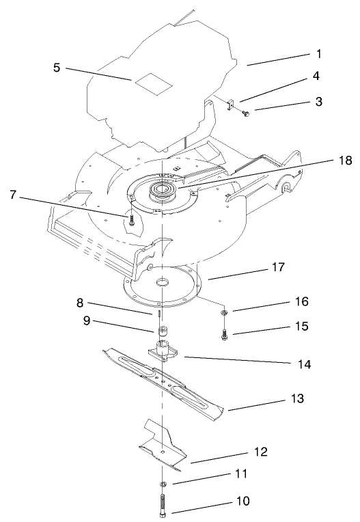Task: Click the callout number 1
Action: pyautogui.click(x=319, y=53)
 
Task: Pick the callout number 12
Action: pyautogui.click(x=260, y=452)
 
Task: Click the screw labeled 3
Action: pyautogui.click(x=247, y=113)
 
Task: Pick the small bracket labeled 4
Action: pyautogui.click(x=230, y=103)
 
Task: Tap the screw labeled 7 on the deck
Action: pyautogui.click(x=130, y=220)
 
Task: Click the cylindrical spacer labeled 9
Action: pyautogui.click(x=163, y=332)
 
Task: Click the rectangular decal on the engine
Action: pyautogui.click(x=149, y=80)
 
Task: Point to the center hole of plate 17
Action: pyautogui.click(x=163, y=281)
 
